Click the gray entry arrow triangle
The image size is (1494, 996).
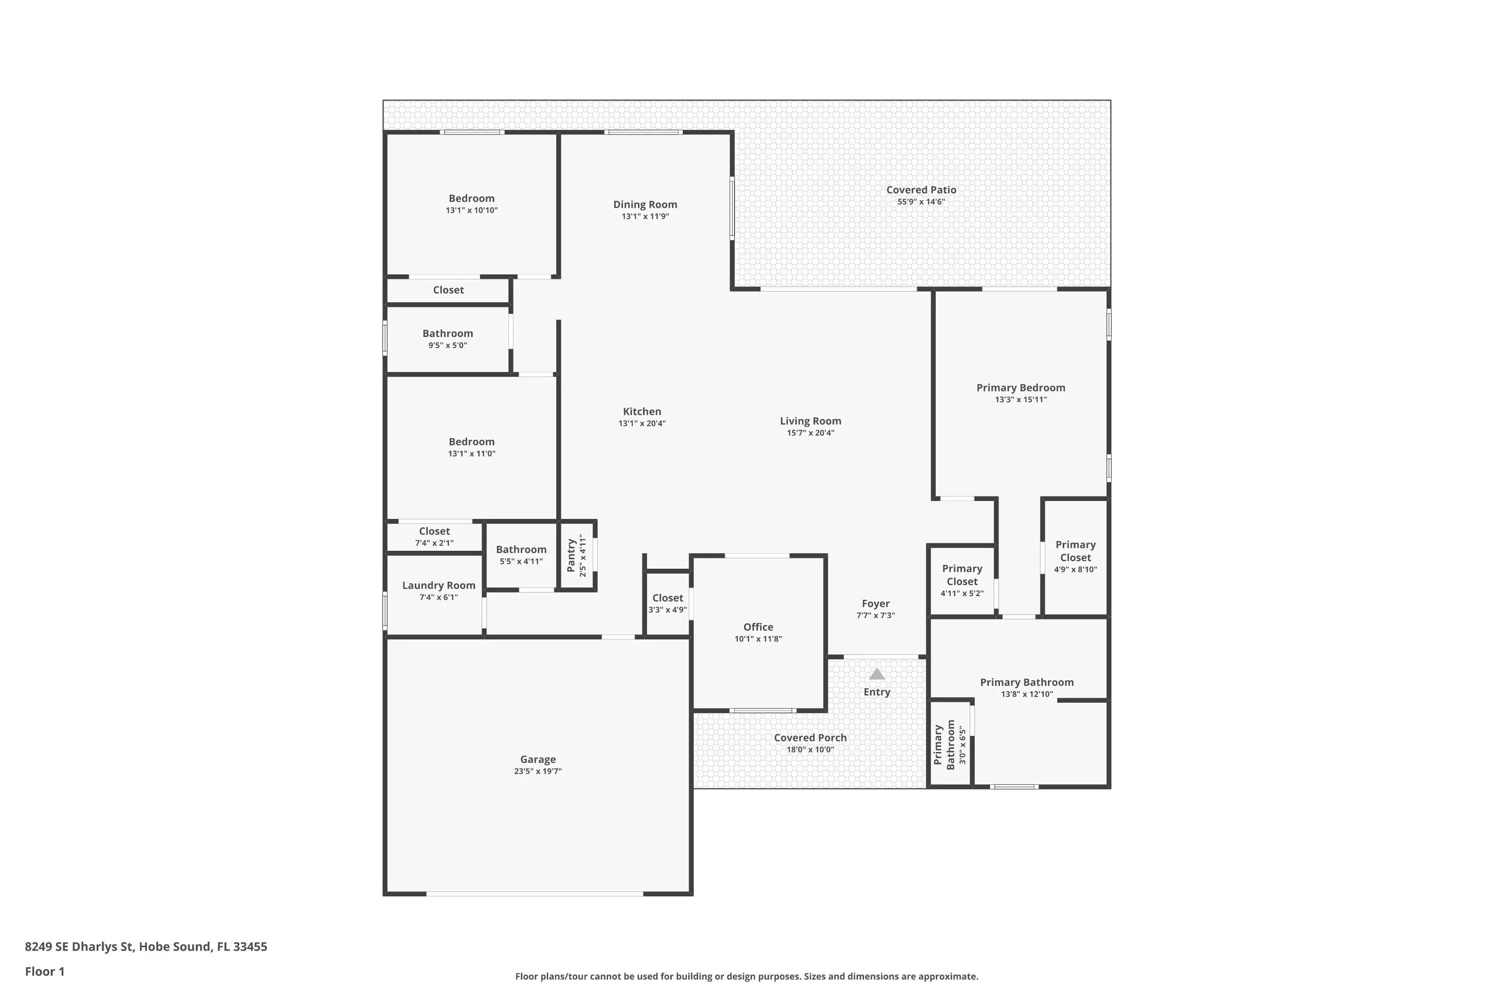(876, 674)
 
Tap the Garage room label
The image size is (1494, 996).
(538, 759)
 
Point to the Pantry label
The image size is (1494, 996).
(571, 555)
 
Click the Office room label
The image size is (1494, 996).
(758, 627)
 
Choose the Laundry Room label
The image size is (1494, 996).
(438, 586)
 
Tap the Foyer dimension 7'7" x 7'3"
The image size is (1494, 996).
(875, 616)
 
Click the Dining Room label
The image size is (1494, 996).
(645, 205)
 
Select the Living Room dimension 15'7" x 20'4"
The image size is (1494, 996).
(811, 433)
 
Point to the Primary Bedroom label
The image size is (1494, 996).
(1021, 388)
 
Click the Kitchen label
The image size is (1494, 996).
(641, 412)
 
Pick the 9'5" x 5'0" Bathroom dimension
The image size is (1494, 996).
(447, 346)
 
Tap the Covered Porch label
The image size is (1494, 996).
(810, 738)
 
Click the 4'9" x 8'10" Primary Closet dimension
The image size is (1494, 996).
(1075, 570)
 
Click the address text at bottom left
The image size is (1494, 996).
(146, 947)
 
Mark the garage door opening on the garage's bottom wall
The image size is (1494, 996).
(534, 894)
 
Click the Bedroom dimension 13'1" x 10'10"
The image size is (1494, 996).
(471, 210)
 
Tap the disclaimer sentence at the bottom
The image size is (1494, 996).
(747, 976)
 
